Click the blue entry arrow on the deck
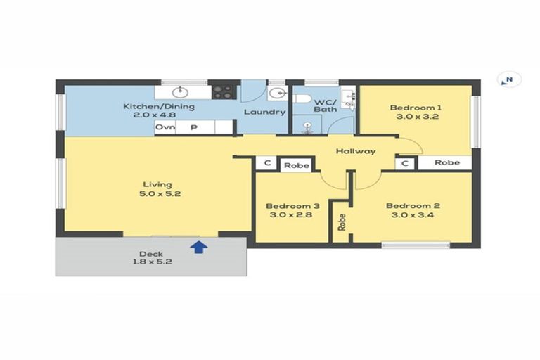pyautogui.click(x=199, y=247)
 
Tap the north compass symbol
pyautogui.click(x=508, y=80)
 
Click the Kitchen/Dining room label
pyautogui.click(x=159, y=107)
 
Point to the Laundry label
pyautogui.click(x=264, y=112)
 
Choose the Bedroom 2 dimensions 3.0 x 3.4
pyautogui.click(x=413, y=216)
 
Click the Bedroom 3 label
pyautogui.click(x=292, y=206)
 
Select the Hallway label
pyautogui.click(x=355, y=151)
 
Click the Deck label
pyautogui.click(x=151, y=254)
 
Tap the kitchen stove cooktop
pyautogui.click(x=224, y=91)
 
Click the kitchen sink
pyautogui.click(x=181, y=91)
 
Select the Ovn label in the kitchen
pyautogui.click(x=165, y=127)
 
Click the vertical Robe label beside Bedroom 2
pyautogui.click(x=342, y=223)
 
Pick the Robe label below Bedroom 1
pyautogui.click(x=446, y=162)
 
